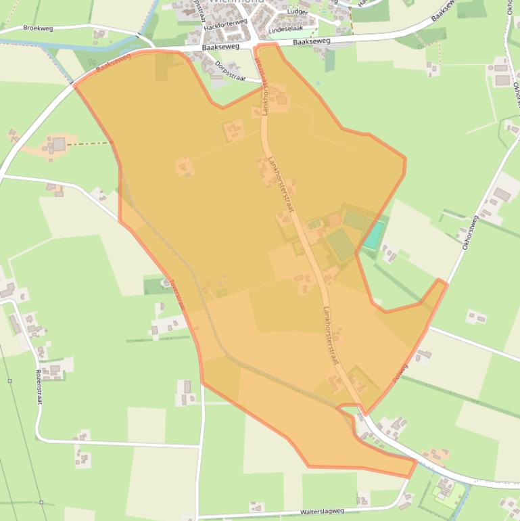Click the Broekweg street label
[x=38, y=28]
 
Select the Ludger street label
[x=297, y=12]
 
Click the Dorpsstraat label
[x=229, y=70]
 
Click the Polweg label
[x=400, y=373]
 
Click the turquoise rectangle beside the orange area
[x=374, y=235]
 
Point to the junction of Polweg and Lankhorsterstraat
[x=366, y=413]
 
